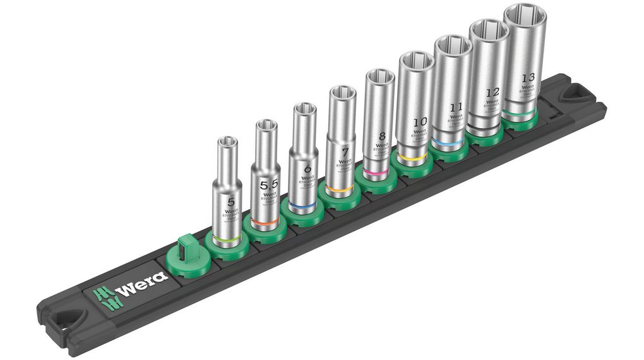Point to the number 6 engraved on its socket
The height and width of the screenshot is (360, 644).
coord(307,169)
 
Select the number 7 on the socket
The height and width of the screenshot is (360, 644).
coord(345,152)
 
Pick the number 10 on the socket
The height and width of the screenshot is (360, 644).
coord(419,121)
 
